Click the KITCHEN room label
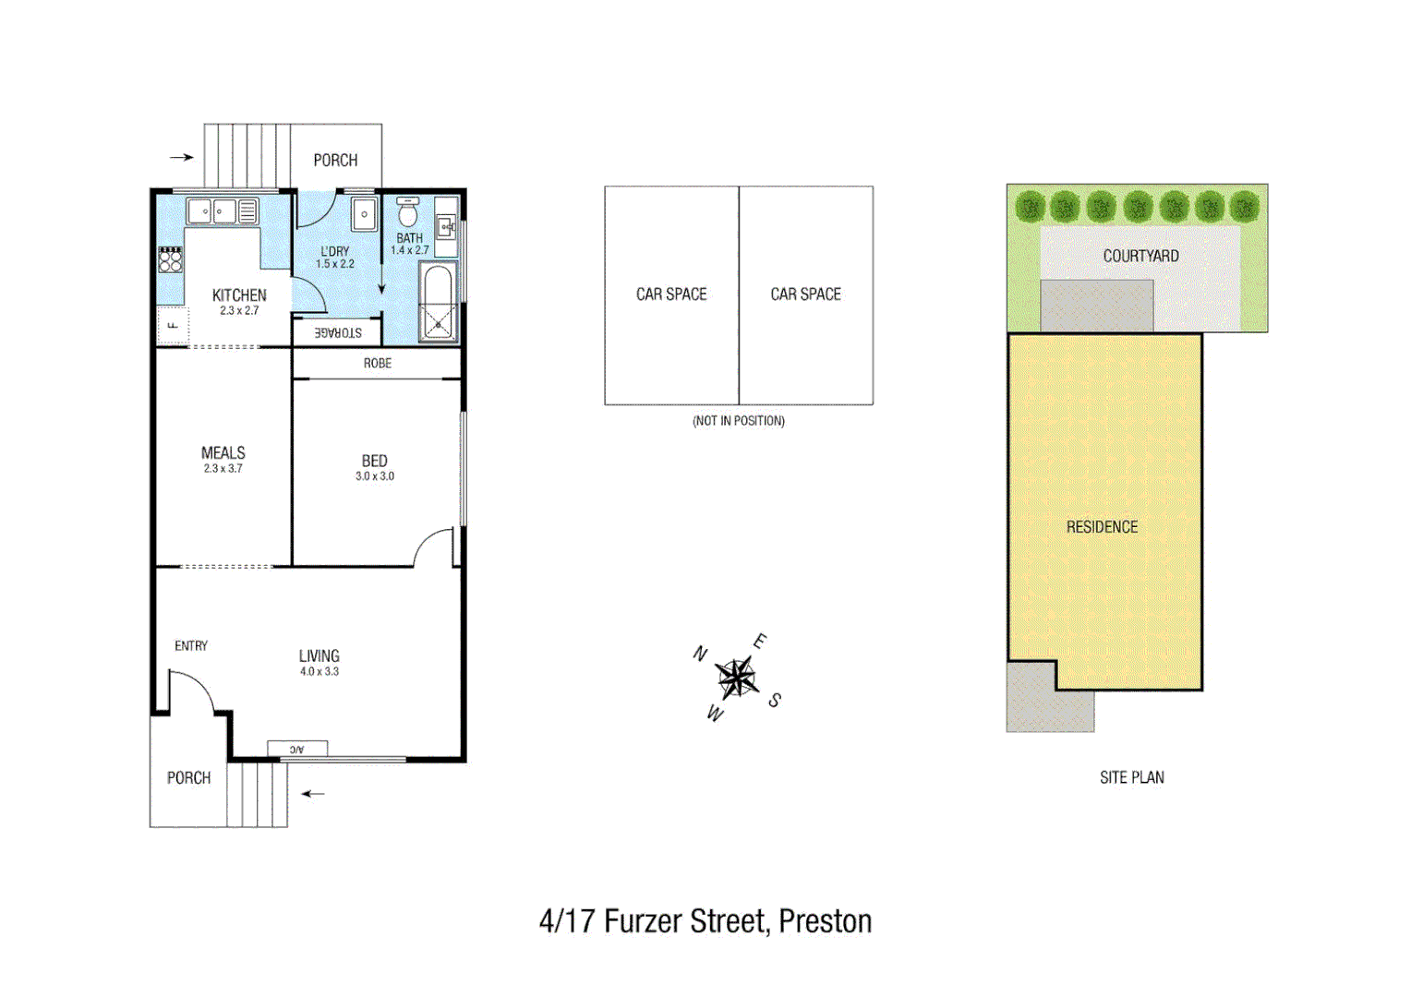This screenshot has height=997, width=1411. pos(239,295)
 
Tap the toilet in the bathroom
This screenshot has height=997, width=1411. pos(407,213)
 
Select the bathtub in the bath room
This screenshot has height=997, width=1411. pos(437,301)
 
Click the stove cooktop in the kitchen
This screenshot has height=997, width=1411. pos(170,259)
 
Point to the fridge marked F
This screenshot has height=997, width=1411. pos(173,325)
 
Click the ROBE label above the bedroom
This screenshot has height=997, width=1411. pos(377,364)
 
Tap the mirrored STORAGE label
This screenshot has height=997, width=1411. pos(338,332)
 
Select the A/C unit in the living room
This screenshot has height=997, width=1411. pos(296,749)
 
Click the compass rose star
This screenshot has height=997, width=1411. pos(736,678)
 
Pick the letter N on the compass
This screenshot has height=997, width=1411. pos(700,654)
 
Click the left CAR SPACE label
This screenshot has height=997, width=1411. pos(671,294)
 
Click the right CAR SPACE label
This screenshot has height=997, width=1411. pos(805,294)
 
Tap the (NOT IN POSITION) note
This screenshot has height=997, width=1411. pos(739,421)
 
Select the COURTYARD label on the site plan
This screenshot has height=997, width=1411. pos(1140,256)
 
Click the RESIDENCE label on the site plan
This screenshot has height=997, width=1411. pos(1102,527)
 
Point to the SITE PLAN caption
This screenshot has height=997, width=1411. pos(1131,777)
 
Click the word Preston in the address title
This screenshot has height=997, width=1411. pos(825,921)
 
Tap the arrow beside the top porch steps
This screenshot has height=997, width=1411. pos(182,157)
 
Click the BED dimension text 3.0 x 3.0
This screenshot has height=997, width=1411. pos(374,476)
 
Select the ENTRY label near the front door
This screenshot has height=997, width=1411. pos(191,646)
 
